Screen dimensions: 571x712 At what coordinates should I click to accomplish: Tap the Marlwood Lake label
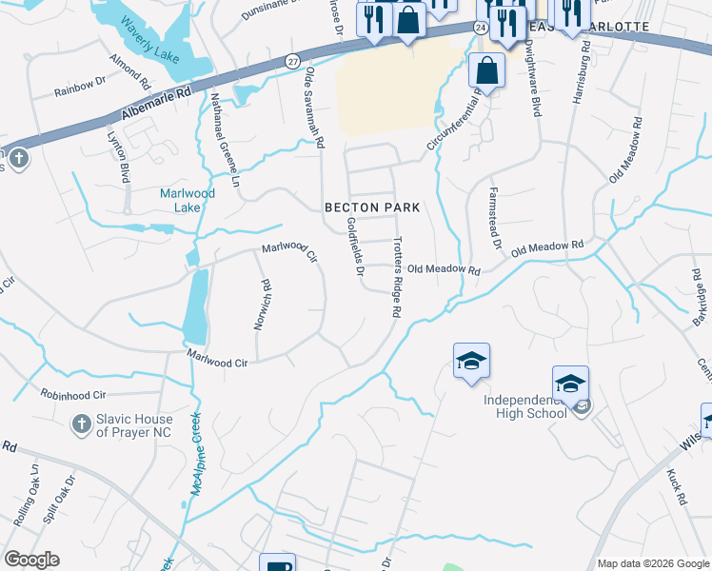click(x=187, y=200)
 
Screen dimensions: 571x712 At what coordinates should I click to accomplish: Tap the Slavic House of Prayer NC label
click(x=133, y=425)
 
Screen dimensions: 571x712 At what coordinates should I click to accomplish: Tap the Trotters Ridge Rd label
click(x=397, y=277)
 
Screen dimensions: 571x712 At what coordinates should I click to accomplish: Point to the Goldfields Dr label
click(x=356, y=246)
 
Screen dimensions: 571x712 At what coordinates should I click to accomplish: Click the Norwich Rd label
click(x=262, y=304)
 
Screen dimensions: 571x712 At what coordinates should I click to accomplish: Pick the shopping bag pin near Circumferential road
click(x=486, y=70)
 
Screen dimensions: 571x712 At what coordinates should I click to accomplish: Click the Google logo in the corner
click(x=31, y=560)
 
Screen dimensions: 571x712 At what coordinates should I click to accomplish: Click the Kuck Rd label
click(x=676, y=484)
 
